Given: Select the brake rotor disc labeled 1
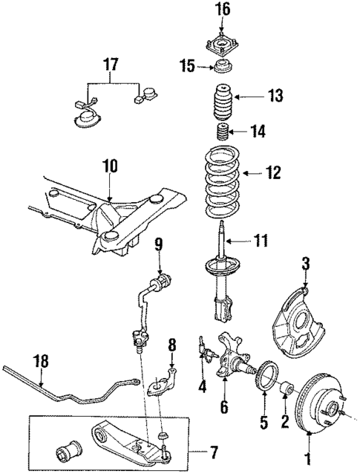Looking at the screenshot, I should [315, 406].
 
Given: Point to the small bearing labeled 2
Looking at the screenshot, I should [285, 388].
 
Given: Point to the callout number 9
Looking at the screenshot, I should [157, 244].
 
